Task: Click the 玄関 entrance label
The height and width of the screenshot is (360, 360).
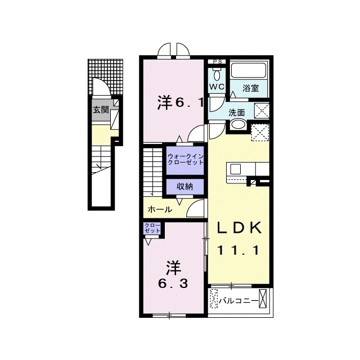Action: [100, 110]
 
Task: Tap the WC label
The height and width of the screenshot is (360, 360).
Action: [217, 87]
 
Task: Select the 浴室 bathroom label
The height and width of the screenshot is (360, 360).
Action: [251, 88]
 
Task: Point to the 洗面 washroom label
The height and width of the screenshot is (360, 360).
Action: [237, 112]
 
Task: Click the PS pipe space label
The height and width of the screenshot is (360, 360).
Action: [217, 61]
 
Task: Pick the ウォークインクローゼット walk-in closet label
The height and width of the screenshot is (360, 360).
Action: [186, 160]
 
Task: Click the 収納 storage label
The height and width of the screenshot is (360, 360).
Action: [185, 187]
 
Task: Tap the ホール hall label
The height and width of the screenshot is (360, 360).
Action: [160, 209]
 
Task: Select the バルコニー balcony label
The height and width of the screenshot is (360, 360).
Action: [237, 300]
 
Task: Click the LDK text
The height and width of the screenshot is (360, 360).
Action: [239, 228]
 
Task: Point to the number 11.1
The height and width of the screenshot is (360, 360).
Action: [238, 250]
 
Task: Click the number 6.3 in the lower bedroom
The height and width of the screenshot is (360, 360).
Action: [173, 284]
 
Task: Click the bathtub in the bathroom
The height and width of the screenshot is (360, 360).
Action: [249, 71]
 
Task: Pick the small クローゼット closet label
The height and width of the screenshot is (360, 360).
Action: [152, 228]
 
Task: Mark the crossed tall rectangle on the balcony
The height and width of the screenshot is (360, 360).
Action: [263, 298]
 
